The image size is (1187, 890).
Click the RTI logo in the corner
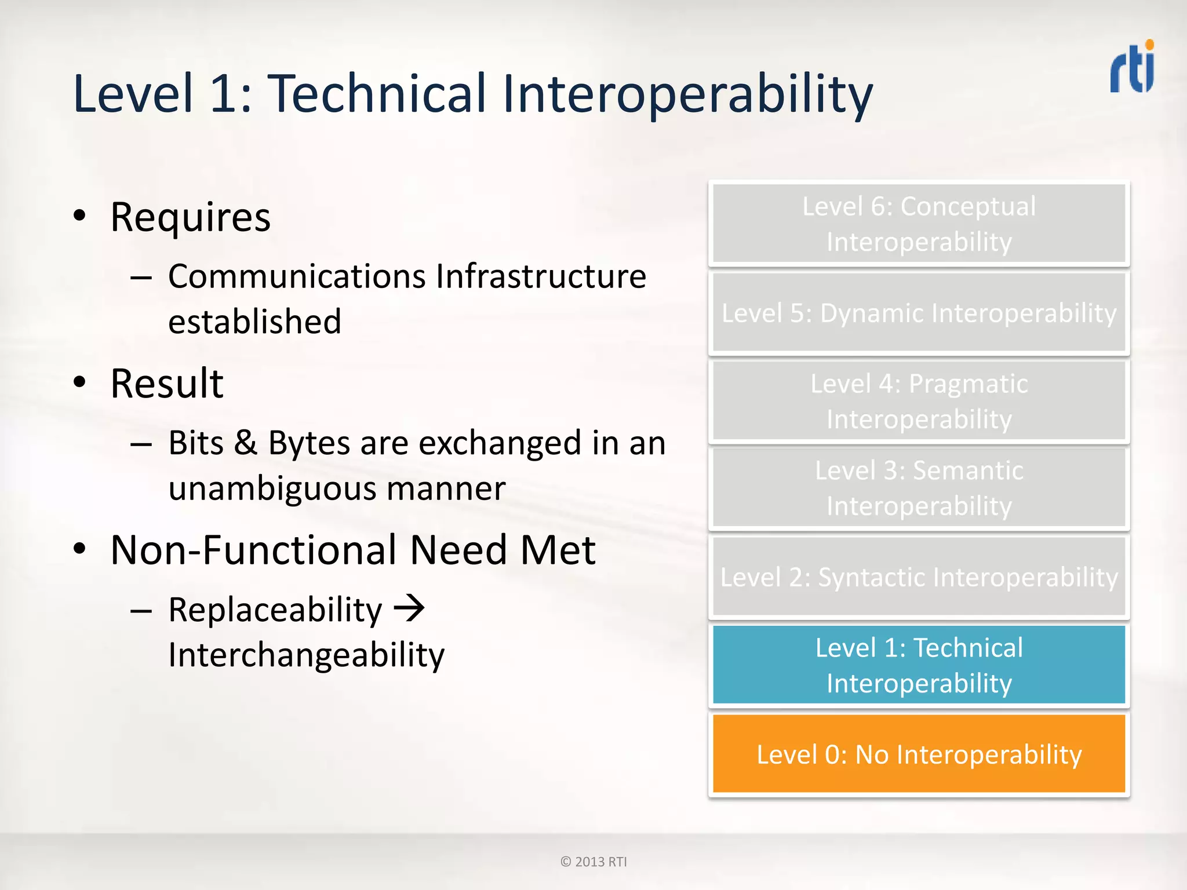1132,67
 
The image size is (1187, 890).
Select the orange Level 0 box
919,754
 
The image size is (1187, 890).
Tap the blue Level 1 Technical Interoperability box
919,665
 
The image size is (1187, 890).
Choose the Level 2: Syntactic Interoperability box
919,577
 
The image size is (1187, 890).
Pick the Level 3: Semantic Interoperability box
919,488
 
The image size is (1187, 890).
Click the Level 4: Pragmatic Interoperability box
919,401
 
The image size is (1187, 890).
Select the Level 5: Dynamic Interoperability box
919,313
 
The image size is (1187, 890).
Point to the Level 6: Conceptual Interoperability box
919,224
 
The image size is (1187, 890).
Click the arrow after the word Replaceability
410,608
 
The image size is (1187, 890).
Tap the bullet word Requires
190,218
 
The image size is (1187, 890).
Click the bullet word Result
167,384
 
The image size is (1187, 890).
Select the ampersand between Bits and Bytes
246,443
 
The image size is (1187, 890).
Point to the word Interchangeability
306,655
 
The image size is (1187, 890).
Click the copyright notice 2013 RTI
593,862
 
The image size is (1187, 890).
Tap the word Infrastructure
541,276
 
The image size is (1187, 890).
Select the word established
254,322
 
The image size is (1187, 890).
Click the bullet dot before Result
80,382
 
